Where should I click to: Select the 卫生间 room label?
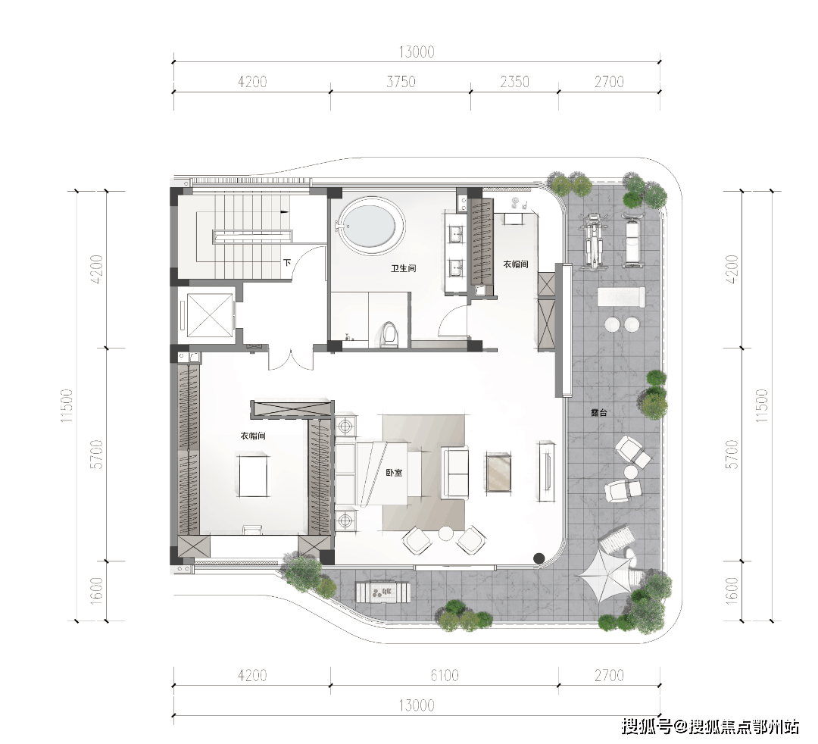pyautogui.click(x=404, y=269)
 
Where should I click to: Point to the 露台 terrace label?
pyautogui.click(x=599, y=413)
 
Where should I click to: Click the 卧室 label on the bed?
pyautogui.click(x=394, y=473)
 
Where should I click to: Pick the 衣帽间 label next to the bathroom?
pyautogui.click(x=516, y=264)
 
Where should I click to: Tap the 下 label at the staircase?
pyautogui.click(x=287, y=263)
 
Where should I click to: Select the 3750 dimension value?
pyautogui.click(x=401, y=82)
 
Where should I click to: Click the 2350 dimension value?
pyautogui.click(x=514, y=82)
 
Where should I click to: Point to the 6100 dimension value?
pyautogui.click(x=445, y=676)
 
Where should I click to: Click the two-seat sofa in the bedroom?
pyautogui.click(x=455, y=472)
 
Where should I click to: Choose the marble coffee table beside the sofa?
pyautogui.click(x=498, y=472)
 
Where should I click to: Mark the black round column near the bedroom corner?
pyautogui.click(x=539, y=558)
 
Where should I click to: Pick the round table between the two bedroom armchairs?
pyautogui.click(x=445, y=533)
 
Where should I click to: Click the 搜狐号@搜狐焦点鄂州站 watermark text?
pyautogui.click(x=710, y=726)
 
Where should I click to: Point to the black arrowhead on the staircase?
pyautogui.click(x=284, y=212)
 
